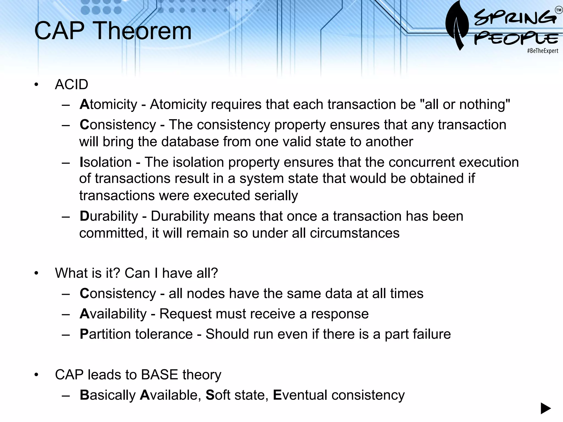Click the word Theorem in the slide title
pyautogui.click(x=143, y=31)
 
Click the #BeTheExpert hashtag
pyautogui.click(x=542, y=51)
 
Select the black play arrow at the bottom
pyautogui.click(x=546, y=408)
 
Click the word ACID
pyautogui.click(x=71, y=84)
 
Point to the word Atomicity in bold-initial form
pyautogui.click(x=108, y=105)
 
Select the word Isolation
pyautogui.click(x=106, y=162)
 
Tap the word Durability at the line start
pyautogui.click(x=109, y=216)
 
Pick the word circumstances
pyautogui.click(x=355, y=233)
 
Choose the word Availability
pyautogui.click(x=113, y=314)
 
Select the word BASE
pyautogui.click(x=159, y=375)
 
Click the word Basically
pyautogui.click(x=107, y=395)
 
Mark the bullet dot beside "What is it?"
pyautogui.click(x=37, y=273)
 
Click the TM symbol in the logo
pyautogui.click(x=559, y=10)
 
